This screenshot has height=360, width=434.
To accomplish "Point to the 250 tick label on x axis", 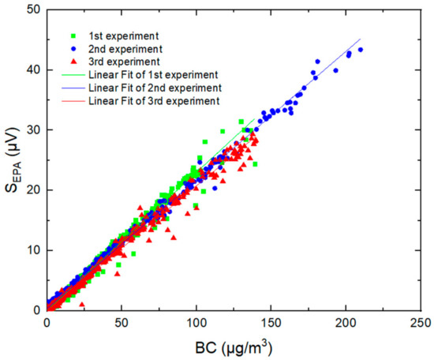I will [421, 322].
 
